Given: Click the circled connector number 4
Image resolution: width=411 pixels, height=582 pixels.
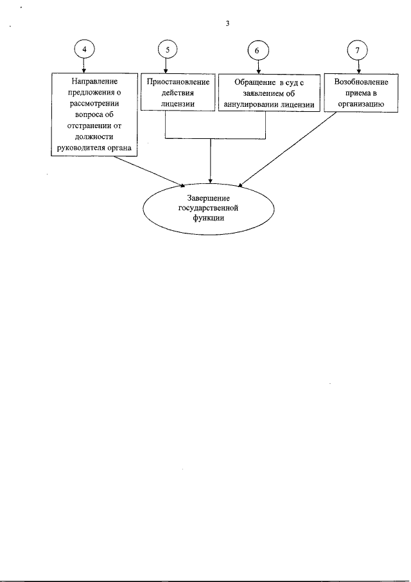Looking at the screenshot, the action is tap(84, 50).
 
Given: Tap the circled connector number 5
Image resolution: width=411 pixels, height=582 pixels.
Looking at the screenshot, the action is tap(168, 50).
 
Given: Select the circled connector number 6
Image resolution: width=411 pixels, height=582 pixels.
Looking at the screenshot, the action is tap(258, 50).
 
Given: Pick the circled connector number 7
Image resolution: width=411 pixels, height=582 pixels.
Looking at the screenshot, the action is tap(357, 50).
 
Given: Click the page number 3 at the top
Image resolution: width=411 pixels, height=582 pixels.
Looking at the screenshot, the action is tap(227, 24).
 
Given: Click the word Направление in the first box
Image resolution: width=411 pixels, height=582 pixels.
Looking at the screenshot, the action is tap(94, 81).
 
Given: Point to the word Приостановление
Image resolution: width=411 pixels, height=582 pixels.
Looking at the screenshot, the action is tap(178, 82).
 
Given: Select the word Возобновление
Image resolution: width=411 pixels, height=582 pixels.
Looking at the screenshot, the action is tap(361, 82).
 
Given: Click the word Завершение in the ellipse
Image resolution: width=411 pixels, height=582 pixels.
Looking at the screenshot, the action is tap(208, 198).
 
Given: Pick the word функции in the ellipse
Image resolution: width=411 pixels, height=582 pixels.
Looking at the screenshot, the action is tap(208, 218).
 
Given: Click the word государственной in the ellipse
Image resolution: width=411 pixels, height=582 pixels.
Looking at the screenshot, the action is tap(208, 208).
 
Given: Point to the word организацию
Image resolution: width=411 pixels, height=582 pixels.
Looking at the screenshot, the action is tap(361, 104).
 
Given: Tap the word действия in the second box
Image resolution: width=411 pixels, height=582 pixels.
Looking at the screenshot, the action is tap(178, 93).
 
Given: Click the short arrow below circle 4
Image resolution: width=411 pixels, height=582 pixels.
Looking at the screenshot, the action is tap(84, 66).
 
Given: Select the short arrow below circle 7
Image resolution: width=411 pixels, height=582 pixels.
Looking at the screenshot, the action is tap(358, 67).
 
